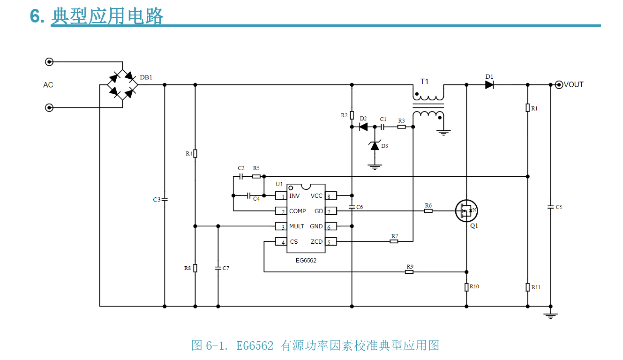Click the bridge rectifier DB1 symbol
pyautogui.click(x=123, y=84)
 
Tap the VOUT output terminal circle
pyautogui.click(x=558, y=84)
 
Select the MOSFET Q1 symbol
pyautogui.click(x=466, y=211)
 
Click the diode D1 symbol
pyautogui.click(x=490, y=84)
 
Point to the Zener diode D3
pyautogui.click(x=374, y=145)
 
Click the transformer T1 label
pyautogui.click(x=424, y=82)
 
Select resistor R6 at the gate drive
pyautogui.click(x=428, y=211)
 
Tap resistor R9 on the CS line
pyautogui.click(x=409, y=271)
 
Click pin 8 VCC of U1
pyautogui.click(x=331, y=196)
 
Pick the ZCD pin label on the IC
pyautogui.click(x=316, y=242)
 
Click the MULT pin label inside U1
pyautogui.click(x=297, y=226)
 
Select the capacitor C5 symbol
pyautogui.click(x=550, y=206)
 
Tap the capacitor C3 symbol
pyautogui.click(x=165, y=199)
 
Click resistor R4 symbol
pyautogui.click(x=195, y=153)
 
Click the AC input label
pyautogui.click(x=48, y=85)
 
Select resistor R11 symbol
pyautogui.click(x=528, y=287)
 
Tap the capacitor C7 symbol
pyautogui.click(x=218, y=268)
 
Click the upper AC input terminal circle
pyautogui.click(x=49, y=61)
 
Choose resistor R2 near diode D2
pyautogui.click(x=352, y=116)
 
